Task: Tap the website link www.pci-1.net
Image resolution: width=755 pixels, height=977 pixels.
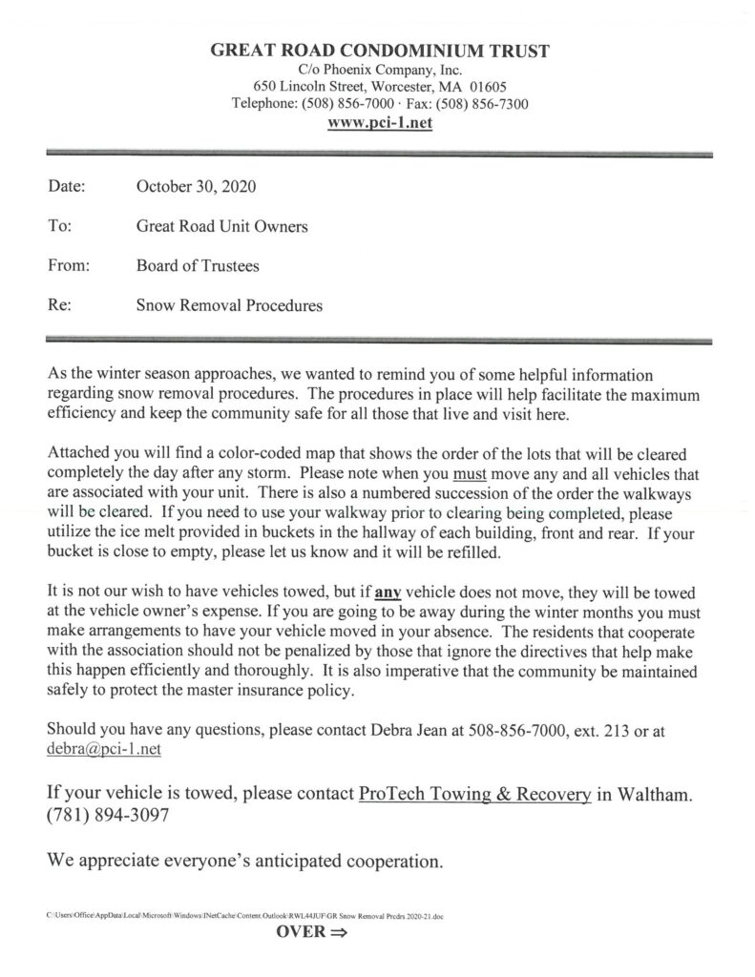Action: coord(380,123)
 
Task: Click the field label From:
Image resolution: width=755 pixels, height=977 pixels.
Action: coord(68,266)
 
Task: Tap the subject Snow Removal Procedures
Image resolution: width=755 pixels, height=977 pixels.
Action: coord(229,306)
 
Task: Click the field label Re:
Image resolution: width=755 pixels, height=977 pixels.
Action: coord(59,306)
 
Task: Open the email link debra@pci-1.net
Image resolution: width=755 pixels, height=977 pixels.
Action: coord(104,749)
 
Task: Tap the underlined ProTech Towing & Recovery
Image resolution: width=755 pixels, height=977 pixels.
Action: coord(474,796)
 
